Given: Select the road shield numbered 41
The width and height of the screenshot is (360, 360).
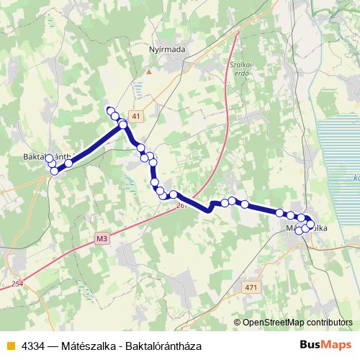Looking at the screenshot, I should coord(137,116).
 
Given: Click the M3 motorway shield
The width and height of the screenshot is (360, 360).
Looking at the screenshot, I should coord(102,236).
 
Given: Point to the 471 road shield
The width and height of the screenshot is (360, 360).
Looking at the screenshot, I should coord(251,288).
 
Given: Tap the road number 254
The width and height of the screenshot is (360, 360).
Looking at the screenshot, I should coord(17,284).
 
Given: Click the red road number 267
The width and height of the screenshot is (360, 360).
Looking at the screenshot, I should coord(181,206).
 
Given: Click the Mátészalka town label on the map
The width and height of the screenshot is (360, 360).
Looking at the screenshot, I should coord(307,228).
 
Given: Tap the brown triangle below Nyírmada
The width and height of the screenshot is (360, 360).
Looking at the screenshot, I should coord(149,71).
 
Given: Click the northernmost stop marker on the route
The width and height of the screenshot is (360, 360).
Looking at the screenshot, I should coord(110,110).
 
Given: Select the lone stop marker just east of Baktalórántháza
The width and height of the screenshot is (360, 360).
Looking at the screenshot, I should coord(69,164).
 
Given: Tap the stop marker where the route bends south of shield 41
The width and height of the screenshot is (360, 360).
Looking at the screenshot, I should coord(123,125).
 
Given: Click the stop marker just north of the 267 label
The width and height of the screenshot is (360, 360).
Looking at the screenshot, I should coord(173,194).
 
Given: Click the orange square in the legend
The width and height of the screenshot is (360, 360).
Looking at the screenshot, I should coord(9,344).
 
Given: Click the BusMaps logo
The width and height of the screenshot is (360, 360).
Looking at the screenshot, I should coord(326,344).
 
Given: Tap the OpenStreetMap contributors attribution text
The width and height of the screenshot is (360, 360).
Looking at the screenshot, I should coord(297,323).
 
